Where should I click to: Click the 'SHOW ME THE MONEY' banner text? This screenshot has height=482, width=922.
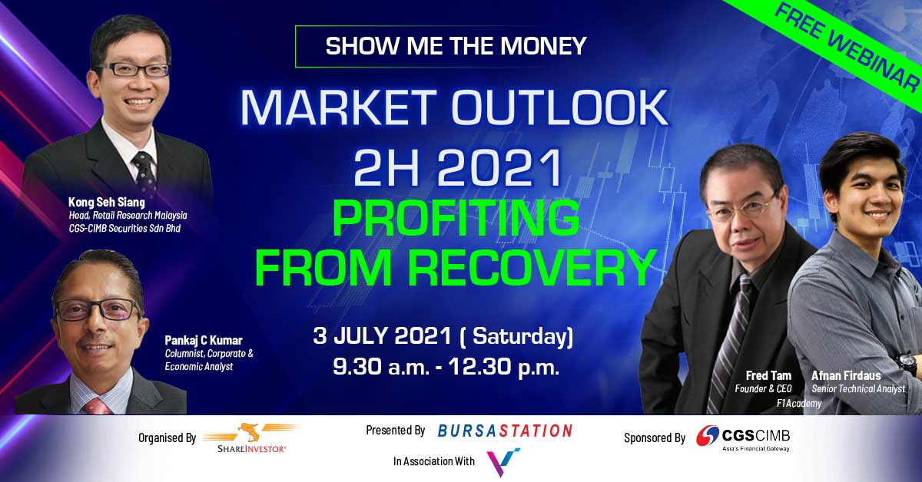[x=456, y=45]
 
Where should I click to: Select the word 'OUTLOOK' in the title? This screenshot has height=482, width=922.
[x=560, y=107]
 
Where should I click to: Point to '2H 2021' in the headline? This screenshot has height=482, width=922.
[x=458, y=168]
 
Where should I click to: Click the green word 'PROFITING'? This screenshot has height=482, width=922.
[x=456, y=218]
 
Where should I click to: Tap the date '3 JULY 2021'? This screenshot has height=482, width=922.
[x=382, y=336]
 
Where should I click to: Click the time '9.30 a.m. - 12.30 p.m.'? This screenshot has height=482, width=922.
[x=446, y=366]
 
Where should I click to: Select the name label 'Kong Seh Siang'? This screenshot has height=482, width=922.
[x=107, y=202]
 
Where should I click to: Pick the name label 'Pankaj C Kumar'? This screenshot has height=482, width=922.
[x=204, y=340]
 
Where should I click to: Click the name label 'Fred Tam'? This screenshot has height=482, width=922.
[x=768, y=375]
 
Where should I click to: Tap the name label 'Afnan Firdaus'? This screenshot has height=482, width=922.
[x=846, y=375]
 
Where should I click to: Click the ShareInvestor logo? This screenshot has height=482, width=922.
[x=251, y=438]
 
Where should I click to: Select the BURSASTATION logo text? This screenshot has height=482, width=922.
[x=505, y=431]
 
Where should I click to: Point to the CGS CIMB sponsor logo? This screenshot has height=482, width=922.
[x=743, y=438]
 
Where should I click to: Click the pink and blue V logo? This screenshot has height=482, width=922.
[x=503, y=462]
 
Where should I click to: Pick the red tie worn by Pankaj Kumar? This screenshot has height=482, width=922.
[x=98, y=406]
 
